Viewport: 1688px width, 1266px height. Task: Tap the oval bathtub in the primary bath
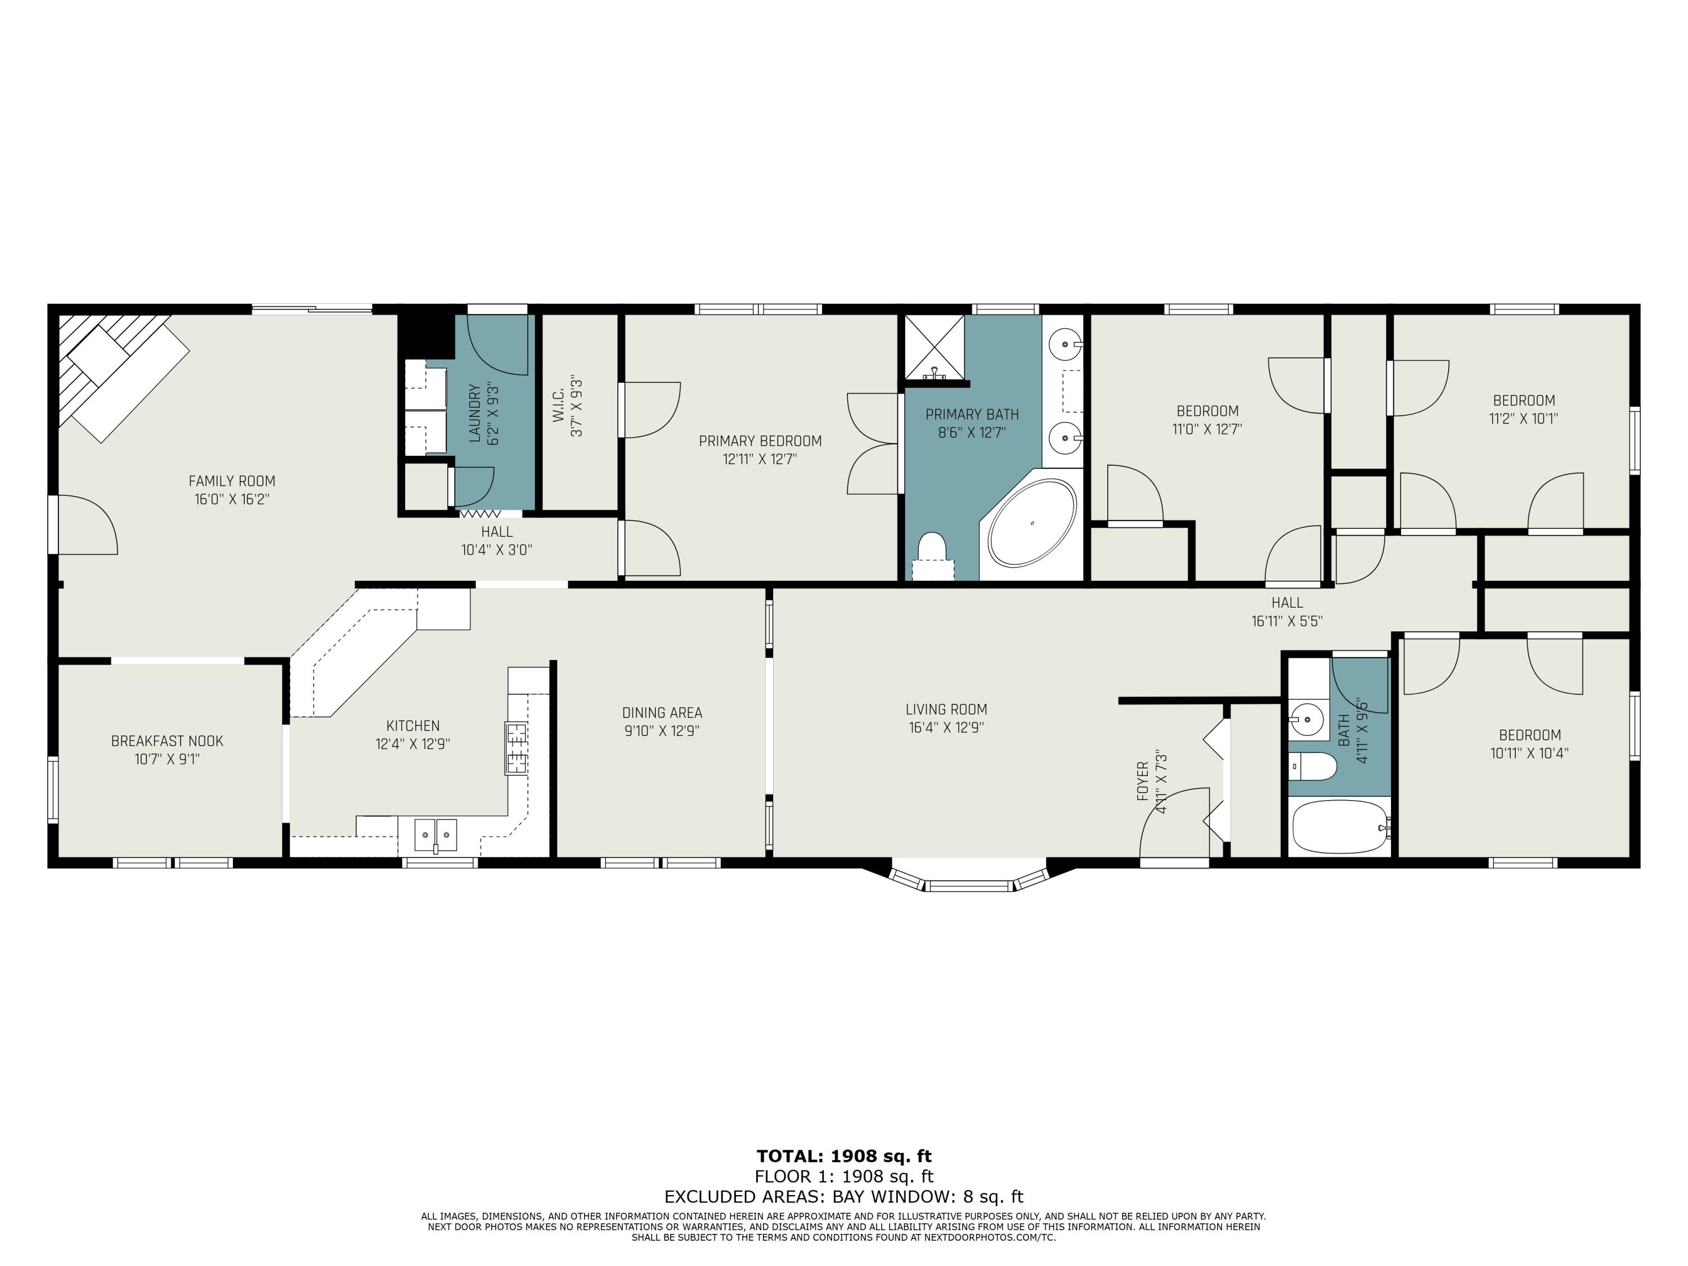pos(1032,523)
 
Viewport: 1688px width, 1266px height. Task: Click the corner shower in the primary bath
pos(935,347)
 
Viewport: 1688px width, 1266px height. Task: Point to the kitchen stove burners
pos(516,748)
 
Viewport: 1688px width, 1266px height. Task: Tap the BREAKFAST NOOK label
pos(167,741)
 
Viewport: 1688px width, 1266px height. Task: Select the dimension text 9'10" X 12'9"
pos(662,730)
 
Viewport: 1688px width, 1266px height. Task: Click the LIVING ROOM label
pos(946,709)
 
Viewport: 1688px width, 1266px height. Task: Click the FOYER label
pos(1142,780)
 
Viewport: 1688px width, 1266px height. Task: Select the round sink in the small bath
pos(1307,718)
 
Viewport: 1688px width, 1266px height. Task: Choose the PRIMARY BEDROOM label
pos(760,441)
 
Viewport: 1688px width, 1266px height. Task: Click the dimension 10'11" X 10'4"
pos(1529,753)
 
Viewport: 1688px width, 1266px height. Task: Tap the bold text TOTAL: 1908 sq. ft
pos(844,1156)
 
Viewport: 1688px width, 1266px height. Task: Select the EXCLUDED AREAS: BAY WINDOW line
pos(844,1197)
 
